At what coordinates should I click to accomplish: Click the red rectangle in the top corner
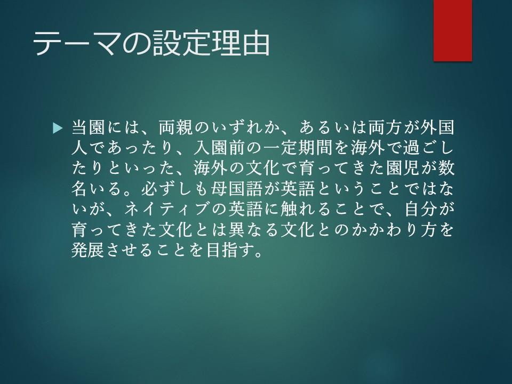point(453,30)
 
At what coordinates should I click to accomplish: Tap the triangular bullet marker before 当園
point(57,128)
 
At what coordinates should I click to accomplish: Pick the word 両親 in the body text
point(175,127)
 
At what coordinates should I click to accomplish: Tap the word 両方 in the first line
point(385,127)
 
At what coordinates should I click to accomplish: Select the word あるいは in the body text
point(333,127)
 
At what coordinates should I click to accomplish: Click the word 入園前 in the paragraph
point(219,148)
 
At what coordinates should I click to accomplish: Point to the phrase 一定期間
point(298,148)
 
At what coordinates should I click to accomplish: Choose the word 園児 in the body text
point(402,169)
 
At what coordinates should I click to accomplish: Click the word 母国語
point(237,189)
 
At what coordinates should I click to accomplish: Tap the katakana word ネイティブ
point(166,210)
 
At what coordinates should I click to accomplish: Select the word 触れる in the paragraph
point(307,210)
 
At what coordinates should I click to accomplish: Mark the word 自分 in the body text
point(420,210)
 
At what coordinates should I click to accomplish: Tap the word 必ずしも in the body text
point(175,189)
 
